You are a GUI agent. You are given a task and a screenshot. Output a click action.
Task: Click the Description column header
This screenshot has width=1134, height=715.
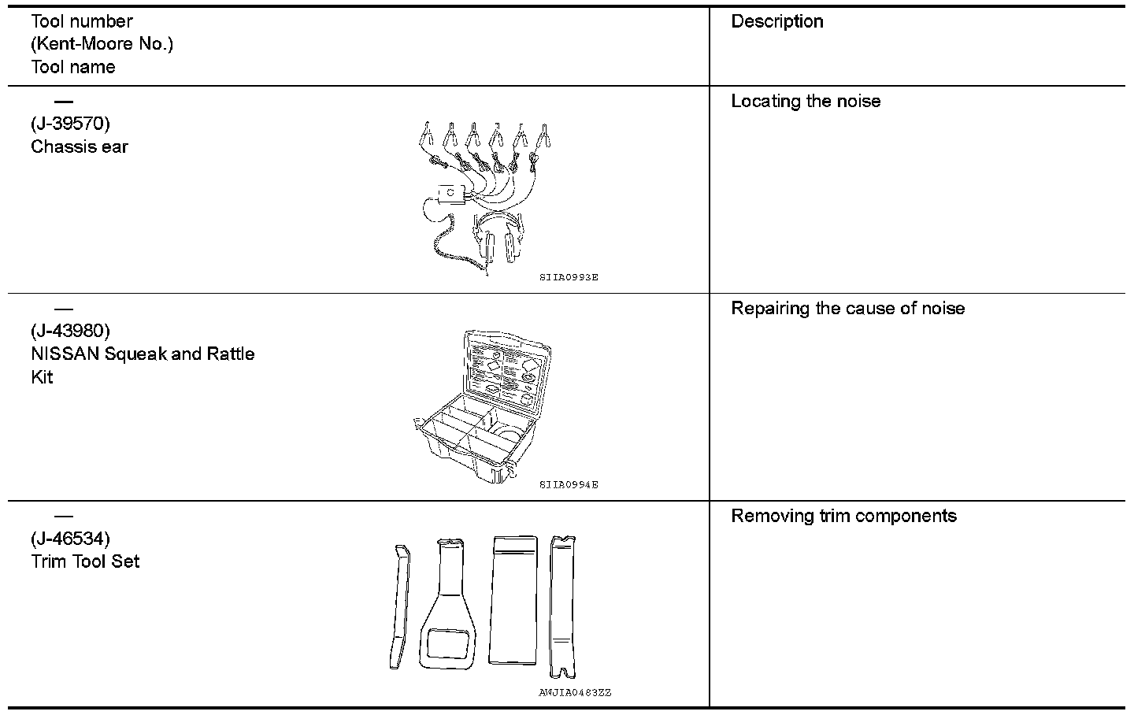pyautogui.click(x=776, y=22)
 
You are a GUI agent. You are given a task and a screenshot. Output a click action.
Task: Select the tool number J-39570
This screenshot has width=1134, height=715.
pyautogui.click(x=70, y=124)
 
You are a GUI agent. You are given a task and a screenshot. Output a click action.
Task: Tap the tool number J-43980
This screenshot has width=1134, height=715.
pyautogui.click(x=70, y=331)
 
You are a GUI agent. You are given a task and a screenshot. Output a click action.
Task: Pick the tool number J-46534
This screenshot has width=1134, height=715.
pyautogui.click(x=70, y=539)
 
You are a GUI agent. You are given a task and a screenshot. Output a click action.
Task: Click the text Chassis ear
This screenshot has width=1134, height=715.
pyautogui.click(x=79, y=146)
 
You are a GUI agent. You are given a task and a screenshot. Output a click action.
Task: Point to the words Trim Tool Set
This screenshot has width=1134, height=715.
pyautogui.click(x=85, y=561)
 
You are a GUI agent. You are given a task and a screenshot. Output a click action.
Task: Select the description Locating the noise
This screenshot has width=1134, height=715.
pyautogui.click(x=806, y=102)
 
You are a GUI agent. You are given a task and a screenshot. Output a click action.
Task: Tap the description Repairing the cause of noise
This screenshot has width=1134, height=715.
pyautogui.click(x=847, y=309)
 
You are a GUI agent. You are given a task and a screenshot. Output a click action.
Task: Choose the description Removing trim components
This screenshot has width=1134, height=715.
pyautogui.click(x=843, y=517)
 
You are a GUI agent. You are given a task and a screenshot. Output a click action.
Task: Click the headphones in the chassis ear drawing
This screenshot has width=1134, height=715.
pyautogui.click(x=497, y=236)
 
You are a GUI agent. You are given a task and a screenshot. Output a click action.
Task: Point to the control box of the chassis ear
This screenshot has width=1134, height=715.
pyautogui.click(x=450, y=194)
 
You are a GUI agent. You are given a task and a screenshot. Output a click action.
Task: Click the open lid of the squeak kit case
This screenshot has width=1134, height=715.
pyautogui.click(x=504, y=371)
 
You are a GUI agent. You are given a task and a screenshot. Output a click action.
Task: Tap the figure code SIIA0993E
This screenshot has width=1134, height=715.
pyautogui.click(x=569, y=277)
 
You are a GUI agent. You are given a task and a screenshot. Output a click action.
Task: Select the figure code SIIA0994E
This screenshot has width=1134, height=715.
pyautogui.click(x=569, y=485)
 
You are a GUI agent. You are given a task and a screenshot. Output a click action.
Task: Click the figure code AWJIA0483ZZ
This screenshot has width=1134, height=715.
pyautogui.click(x=575, y=693)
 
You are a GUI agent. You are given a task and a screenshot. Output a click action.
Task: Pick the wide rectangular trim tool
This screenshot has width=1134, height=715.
pyautogui.click(x=513, y=600)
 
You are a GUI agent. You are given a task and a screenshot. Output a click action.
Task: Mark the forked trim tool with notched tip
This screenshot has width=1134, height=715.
pyautogui.click(x=562, y=606)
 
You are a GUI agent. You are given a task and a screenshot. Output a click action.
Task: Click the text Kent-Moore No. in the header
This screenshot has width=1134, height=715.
pyautogui.click(x=102, y=44)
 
